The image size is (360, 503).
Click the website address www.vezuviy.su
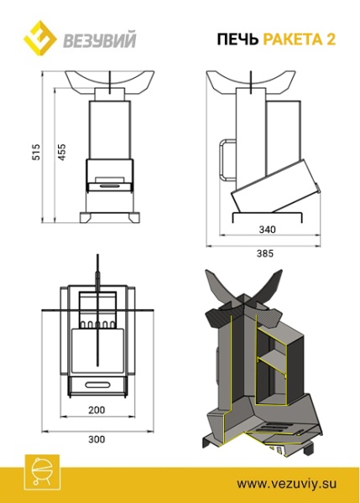[285, 484]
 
